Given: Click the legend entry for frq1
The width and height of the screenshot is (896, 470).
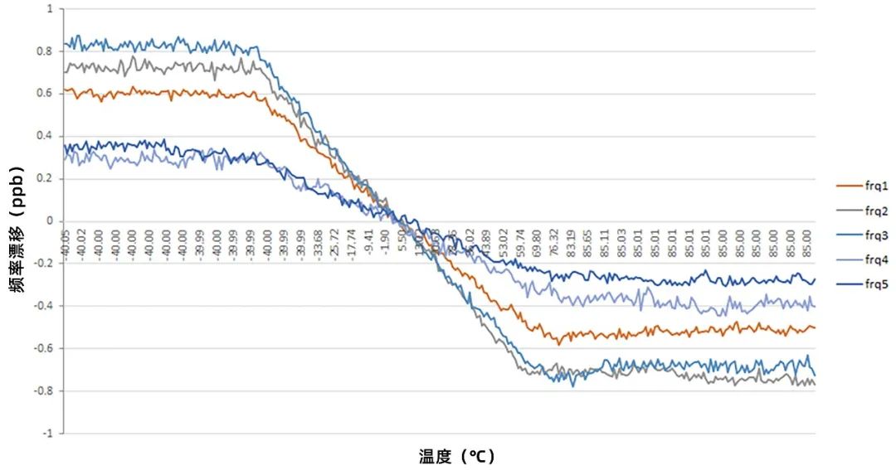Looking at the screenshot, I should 854,186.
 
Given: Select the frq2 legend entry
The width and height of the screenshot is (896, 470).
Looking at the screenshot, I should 854,211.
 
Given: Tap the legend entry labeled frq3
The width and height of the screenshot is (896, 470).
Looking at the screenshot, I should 854,235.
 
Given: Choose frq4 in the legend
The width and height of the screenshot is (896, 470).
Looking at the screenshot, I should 854,260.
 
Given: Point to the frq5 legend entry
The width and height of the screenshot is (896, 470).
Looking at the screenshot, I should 854,285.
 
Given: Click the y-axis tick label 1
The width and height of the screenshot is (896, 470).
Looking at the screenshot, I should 50,9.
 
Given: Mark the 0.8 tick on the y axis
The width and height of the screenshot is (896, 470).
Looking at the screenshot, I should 46,51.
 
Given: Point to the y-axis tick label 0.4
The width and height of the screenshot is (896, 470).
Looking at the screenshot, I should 46,136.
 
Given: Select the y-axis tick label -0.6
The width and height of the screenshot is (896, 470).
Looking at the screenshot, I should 45,348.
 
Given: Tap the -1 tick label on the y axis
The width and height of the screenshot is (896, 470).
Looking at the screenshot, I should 48,433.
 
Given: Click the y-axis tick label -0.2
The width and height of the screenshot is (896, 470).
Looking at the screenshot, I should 45,264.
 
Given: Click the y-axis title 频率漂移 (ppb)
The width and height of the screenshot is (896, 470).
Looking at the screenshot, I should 17,221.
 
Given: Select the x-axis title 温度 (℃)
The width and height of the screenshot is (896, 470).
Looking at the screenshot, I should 457,457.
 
